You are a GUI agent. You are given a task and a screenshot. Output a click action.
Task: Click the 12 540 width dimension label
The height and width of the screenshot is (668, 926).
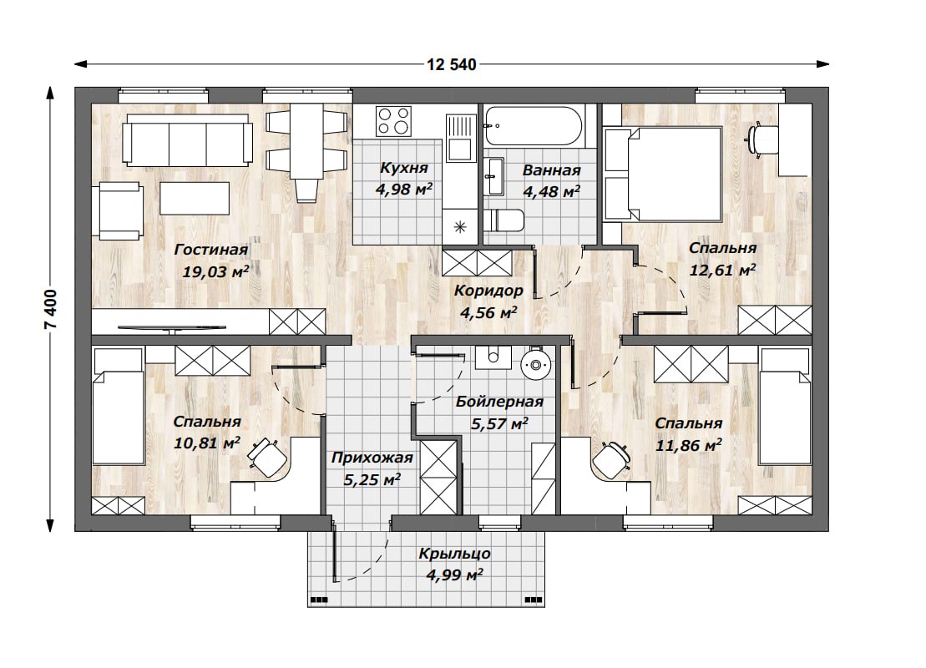point(451,64)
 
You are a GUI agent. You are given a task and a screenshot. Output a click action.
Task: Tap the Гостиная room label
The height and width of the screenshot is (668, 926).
point(210,250)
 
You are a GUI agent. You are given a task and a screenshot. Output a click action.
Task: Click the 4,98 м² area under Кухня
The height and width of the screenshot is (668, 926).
point(404,189)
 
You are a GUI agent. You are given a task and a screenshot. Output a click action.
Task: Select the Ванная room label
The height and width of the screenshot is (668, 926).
point(552,170)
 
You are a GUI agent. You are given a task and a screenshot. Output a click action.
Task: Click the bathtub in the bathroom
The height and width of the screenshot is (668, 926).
point(534,126)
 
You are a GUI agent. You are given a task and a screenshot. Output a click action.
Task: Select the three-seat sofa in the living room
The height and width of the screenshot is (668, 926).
point(188,140)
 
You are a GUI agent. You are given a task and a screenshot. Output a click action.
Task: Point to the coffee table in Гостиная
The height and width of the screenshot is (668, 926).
point(195,198)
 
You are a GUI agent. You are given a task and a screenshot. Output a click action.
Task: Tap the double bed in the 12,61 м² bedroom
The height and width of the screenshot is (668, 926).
point(663,175)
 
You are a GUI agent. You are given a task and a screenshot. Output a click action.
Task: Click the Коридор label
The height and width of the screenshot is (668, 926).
point(488,291)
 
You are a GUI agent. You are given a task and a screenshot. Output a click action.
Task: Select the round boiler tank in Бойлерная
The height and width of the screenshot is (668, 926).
point(535,365)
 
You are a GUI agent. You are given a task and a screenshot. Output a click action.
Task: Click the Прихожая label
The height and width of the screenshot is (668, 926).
point(372,458)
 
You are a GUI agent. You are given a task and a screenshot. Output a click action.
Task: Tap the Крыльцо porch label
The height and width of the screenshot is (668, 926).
point(455,554)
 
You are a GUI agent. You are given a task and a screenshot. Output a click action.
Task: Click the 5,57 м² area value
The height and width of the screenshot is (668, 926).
point(499,423)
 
